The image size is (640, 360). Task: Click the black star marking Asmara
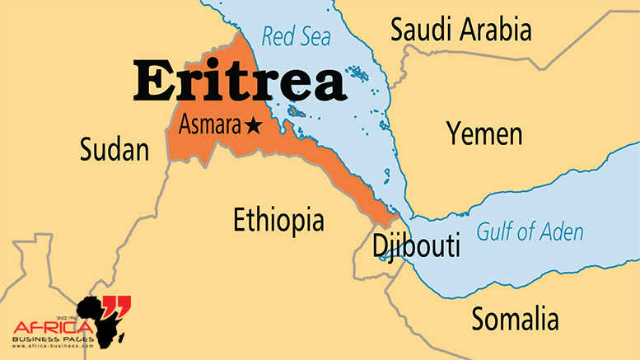(x=252, y=126)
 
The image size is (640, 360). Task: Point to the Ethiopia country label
(x=278, y=220)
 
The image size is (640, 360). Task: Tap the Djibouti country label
(x=415, y=246)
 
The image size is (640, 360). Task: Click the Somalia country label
(x=514, y=318)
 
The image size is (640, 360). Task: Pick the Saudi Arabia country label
(x=460, y=30)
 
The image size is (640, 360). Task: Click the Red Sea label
(x=296, y=36)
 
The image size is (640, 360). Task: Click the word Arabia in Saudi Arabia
(x=496, y=30)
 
